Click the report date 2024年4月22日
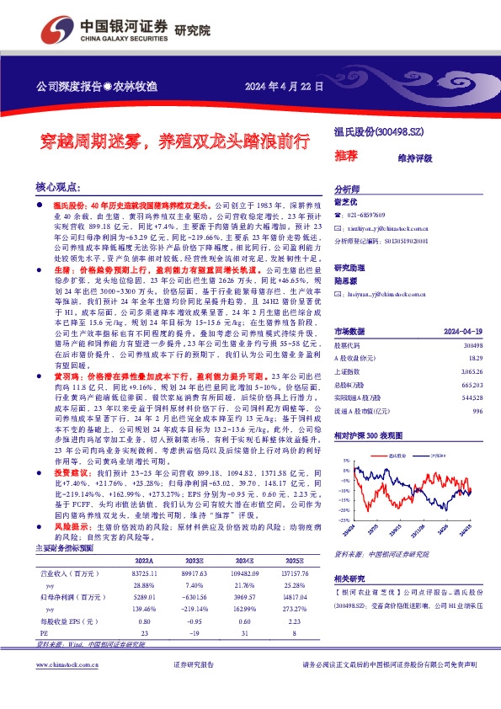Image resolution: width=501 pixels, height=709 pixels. click(x=284, y=87)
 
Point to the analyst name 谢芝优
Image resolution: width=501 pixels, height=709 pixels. click(x=347, y=202)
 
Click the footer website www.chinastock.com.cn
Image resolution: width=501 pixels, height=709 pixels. click(x=72, y=689)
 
